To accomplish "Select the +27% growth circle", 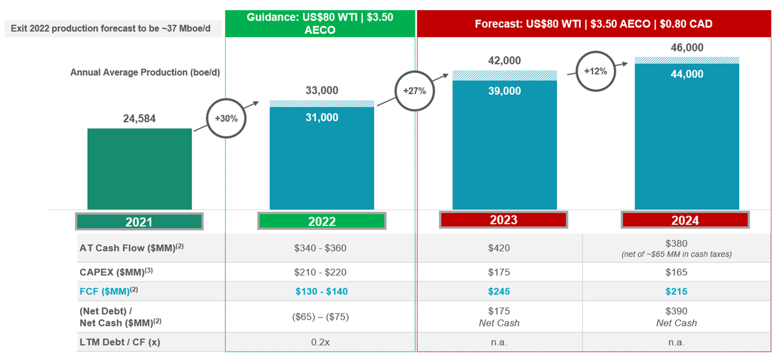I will (x=414, y=91).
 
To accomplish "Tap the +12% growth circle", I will (x=595, y=71).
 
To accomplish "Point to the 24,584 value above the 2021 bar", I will (x=139, y=119).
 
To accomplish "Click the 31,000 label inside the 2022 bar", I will (x=322, y=118).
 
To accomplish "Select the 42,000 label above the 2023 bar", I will (x=504, y=61).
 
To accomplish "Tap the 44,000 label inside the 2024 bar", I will (x=686, y=74).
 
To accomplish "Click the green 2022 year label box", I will (x=322, y=221).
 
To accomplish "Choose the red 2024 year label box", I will (x=685, y=220).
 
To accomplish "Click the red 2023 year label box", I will (x=503, y=220).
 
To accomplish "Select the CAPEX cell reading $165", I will (x=676, y=272).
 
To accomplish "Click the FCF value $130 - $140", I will (x=321, y=292).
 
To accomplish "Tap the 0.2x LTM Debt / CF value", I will (x=321, y=342).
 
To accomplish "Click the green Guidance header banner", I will (x=320, y=23).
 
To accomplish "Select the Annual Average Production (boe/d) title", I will (x=145, y=72).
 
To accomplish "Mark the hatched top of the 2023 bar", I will (x=504, y=75).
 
